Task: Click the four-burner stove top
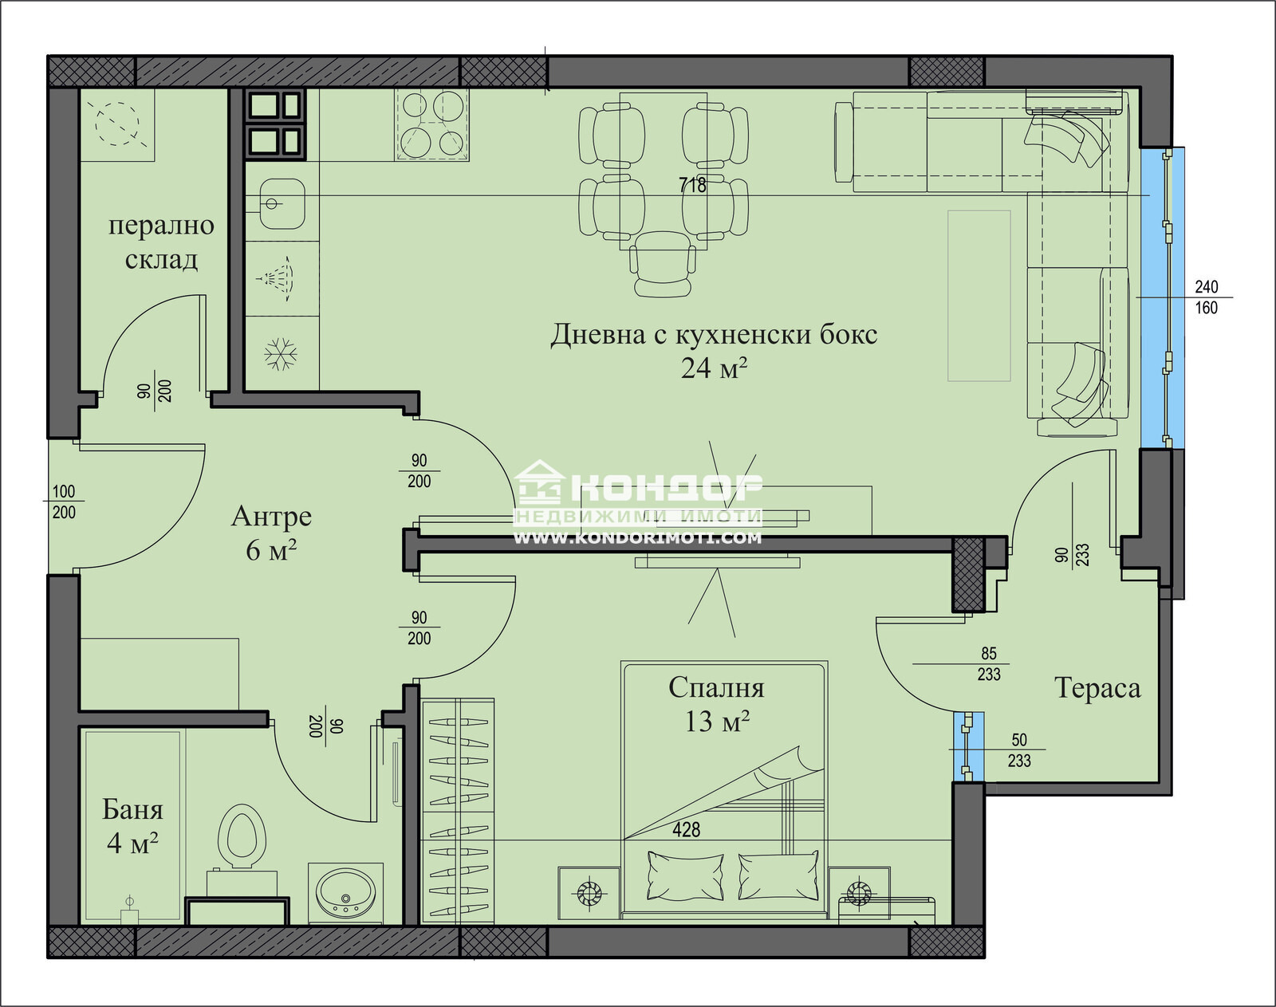pos(431,124)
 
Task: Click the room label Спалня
pos(715,687)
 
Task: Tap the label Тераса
pos(1097,688)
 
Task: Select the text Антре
pos(271,517)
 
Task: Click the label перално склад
pos(161,242)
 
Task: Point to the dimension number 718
pos(692,186)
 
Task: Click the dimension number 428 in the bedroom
pos(686,830)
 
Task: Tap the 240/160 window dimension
pos(1206,297)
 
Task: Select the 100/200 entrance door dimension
pos(64,502)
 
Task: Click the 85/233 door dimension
pos(989,664)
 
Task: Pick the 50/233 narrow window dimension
pos(1018,750)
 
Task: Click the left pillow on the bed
pos(685,875)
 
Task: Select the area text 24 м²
pos(714,368)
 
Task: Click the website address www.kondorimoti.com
pos(637,538)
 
